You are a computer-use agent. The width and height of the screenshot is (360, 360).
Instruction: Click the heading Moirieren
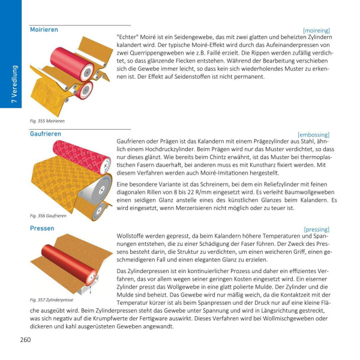pos(44,29)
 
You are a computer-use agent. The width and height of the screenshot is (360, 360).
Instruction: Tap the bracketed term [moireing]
pos(317,29)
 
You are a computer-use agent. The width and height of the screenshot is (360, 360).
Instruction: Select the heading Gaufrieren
pos(46,133)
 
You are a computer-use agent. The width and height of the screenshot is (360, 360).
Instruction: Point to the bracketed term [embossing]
pos(314,135)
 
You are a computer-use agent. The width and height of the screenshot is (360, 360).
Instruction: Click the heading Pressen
pos(42,229)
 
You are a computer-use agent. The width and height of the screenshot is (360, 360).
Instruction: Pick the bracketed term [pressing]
pos(317,229)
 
